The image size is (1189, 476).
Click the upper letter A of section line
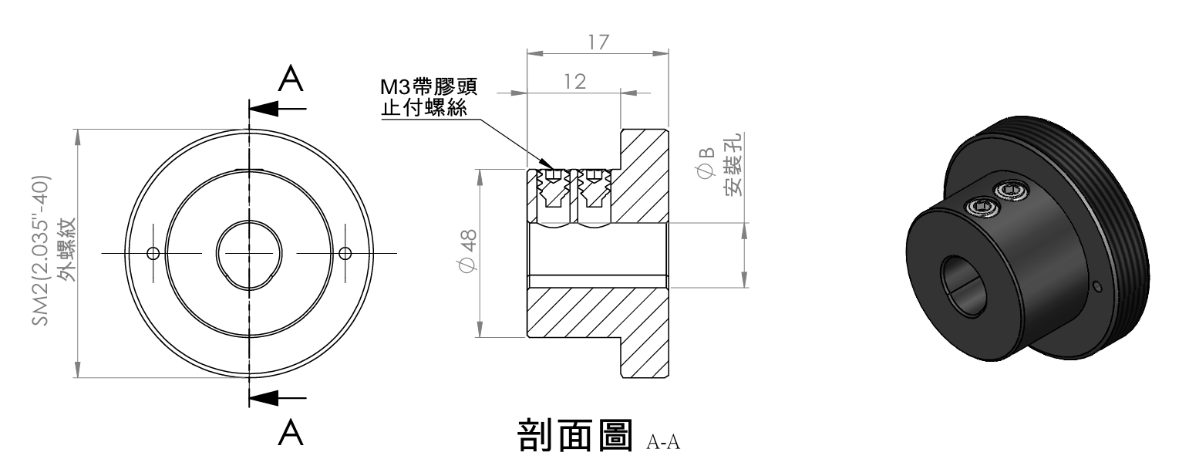(x=290, y=78)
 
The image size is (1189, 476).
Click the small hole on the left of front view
(x=153, y=253)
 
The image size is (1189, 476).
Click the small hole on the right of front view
(x=345, y=253)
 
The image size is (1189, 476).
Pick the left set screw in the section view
(x=552, y=191)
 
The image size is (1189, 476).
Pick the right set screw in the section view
(x=593, y=191)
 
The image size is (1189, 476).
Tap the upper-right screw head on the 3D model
(x=1009, y=189)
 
